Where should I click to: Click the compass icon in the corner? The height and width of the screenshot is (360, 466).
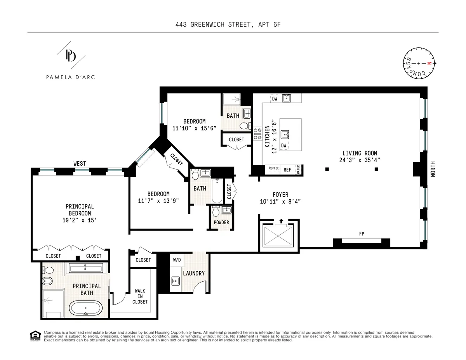pyautogui.click(x=418, y=63)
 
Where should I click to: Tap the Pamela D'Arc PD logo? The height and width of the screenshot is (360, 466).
pyautogui.click(x=70, y=56)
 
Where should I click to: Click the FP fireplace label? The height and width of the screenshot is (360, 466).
pyautogui.click(x=362, y=234)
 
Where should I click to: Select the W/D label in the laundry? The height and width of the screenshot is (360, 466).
pyautogui.click(x=176, y=260)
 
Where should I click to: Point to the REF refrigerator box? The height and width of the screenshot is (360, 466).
pyautogui.click(x=287, y=170)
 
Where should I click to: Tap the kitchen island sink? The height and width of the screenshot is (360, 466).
pyautogui.click(x=286, y=134)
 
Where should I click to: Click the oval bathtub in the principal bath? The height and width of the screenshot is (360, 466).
pyautogui.click(x=86, y=309)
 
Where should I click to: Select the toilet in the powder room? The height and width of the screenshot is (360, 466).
pyautogui.click(x=216, y=211)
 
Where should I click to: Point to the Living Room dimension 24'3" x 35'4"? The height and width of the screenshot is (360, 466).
pyautogui.click(x=359, y=159)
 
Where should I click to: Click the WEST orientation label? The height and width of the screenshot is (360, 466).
pyautogui.click(x=80, y=164)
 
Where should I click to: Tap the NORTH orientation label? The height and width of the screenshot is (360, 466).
pyautogui.click(x=433, y=169)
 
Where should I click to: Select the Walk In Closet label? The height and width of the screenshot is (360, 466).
pyautogui.click(x=140, y=296)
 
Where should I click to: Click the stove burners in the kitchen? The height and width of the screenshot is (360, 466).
pyautogui.click(x=257, y=133)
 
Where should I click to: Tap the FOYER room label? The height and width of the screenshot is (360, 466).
pyautogui.click(x=280, y=195)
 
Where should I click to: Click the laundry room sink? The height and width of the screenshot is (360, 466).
pyautogui.click(x=176, y=281)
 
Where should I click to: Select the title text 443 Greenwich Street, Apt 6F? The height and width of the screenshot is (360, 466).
pyautogui.click(x=233, y=25)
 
